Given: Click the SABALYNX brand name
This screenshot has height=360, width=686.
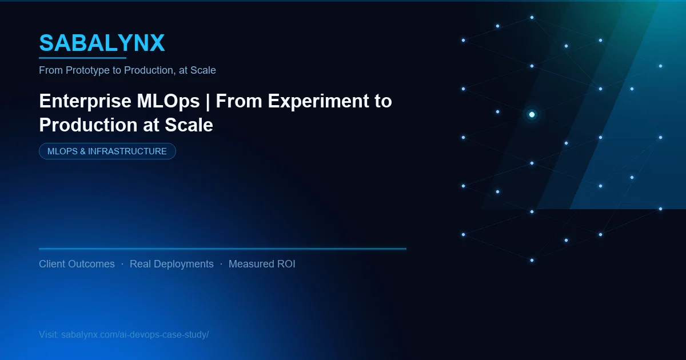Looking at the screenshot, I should click(x=102, y=43).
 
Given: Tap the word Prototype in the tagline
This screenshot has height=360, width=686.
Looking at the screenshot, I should click(x=86, y=70).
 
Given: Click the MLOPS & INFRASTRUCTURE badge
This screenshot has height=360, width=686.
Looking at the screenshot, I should click(x=107, y=151).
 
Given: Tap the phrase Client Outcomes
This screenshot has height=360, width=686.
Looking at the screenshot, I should click(x=77, y=264).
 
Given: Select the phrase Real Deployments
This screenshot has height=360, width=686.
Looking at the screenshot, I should click(x=171, y=264).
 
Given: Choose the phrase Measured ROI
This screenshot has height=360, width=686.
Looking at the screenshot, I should click(x=262, y=264).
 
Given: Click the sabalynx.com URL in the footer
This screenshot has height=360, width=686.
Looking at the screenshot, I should click(x=135, y=334).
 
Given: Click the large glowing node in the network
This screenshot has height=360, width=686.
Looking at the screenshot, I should click(x=532, y=114).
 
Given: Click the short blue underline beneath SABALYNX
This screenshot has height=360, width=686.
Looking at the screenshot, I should click(x=82, y=58).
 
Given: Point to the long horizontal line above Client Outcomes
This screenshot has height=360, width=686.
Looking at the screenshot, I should click(x=222, y=249).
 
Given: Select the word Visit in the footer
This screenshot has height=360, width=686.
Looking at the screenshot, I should click(x=48, y=334).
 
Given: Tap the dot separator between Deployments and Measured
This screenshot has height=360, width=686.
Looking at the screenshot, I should click(x=221, y=264).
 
